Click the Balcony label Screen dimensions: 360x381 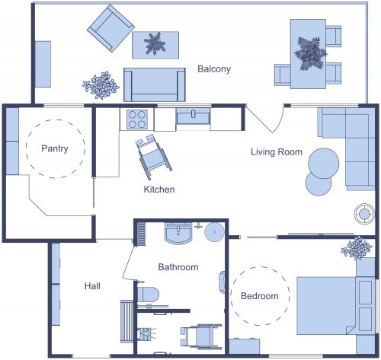[214, 69]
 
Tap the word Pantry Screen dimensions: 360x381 [55, 148]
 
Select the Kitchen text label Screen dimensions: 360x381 [159, 189]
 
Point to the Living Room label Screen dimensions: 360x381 [277, 152]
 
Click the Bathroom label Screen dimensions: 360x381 [178, 267]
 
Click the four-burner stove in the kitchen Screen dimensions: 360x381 [137, 119]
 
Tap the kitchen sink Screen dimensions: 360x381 [194, 116]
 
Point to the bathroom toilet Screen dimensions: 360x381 [146, 294]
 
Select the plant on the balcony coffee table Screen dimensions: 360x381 [155, 43]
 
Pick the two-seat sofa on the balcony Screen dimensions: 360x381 [155, 84]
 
